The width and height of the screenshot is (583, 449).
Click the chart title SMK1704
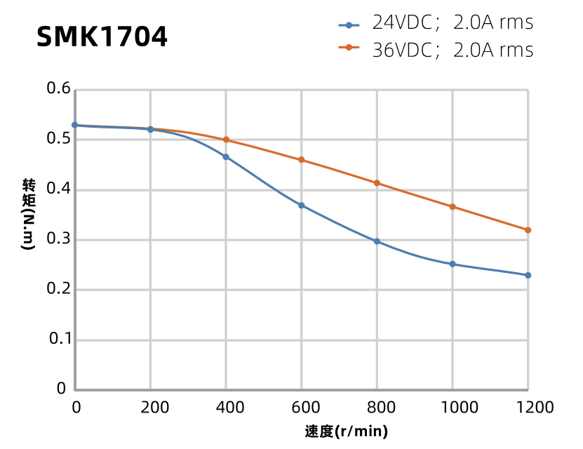click(102, 37)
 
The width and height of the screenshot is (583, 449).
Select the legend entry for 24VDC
click(435, 23)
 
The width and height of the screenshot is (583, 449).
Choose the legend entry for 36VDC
click(435, 51)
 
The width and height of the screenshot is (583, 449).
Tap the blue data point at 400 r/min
click(226, 157)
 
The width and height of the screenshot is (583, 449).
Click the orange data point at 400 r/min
click(226, 140)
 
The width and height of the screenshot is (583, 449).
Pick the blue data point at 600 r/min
click(302, 206)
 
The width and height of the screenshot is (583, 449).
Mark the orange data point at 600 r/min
click(302, 160)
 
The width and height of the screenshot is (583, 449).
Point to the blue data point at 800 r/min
click(377, 241)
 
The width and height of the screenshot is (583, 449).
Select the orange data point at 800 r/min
click(377, 183)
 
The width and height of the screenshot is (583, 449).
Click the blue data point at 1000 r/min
click(453, 264)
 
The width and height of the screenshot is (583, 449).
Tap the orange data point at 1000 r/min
click(453, 207)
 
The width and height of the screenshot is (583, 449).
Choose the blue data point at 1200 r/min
click(528, 275)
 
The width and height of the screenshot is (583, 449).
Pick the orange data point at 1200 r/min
click(528, 230)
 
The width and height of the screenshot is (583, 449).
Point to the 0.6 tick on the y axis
click(59, 89)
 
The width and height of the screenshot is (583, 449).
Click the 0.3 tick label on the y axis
click(59, 240)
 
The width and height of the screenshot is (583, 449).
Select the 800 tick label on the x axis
click(377, 408)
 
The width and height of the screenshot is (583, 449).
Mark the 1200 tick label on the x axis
click(528, 408)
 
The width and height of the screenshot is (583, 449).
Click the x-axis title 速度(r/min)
click(347, 431)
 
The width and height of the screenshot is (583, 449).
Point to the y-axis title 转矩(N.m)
click(29, 215)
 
